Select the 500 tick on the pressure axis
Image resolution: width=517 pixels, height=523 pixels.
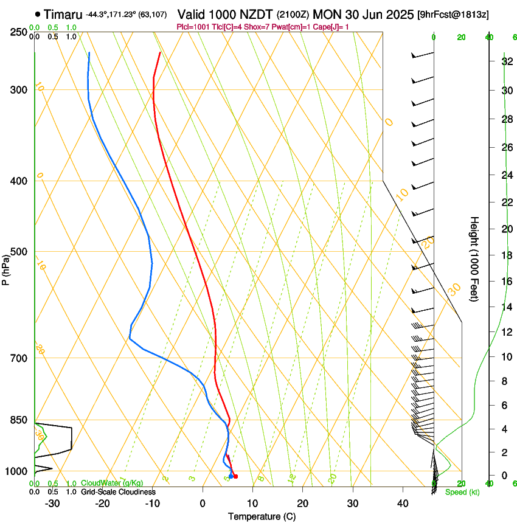pyautogui.click(x=19, y=252)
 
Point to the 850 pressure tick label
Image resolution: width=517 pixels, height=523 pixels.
pyautogui.click(x=19, y=420)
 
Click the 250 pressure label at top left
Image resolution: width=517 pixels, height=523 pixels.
pyautogui.click(x=19, y=32)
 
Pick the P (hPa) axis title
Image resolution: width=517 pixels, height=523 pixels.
pyautogui.click(x=6, y=268)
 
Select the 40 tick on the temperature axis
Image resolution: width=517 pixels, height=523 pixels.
pyautogui.click(x=402, y=503)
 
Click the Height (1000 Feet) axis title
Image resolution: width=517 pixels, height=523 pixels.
pyautogui.click(x=474, y=258)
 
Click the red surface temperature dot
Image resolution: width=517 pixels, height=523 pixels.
pyautogui.click(x=235, y=476)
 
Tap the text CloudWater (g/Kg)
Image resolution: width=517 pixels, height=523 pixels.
pyautogui.click(x=103, y=483)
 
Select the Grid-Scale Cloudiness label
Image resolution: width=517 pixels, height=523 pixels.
pyautogui.click(x=117, y=491)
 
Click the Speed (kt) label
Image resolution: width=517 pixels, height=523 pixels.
pyautogui.click(x=462, y=491)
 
